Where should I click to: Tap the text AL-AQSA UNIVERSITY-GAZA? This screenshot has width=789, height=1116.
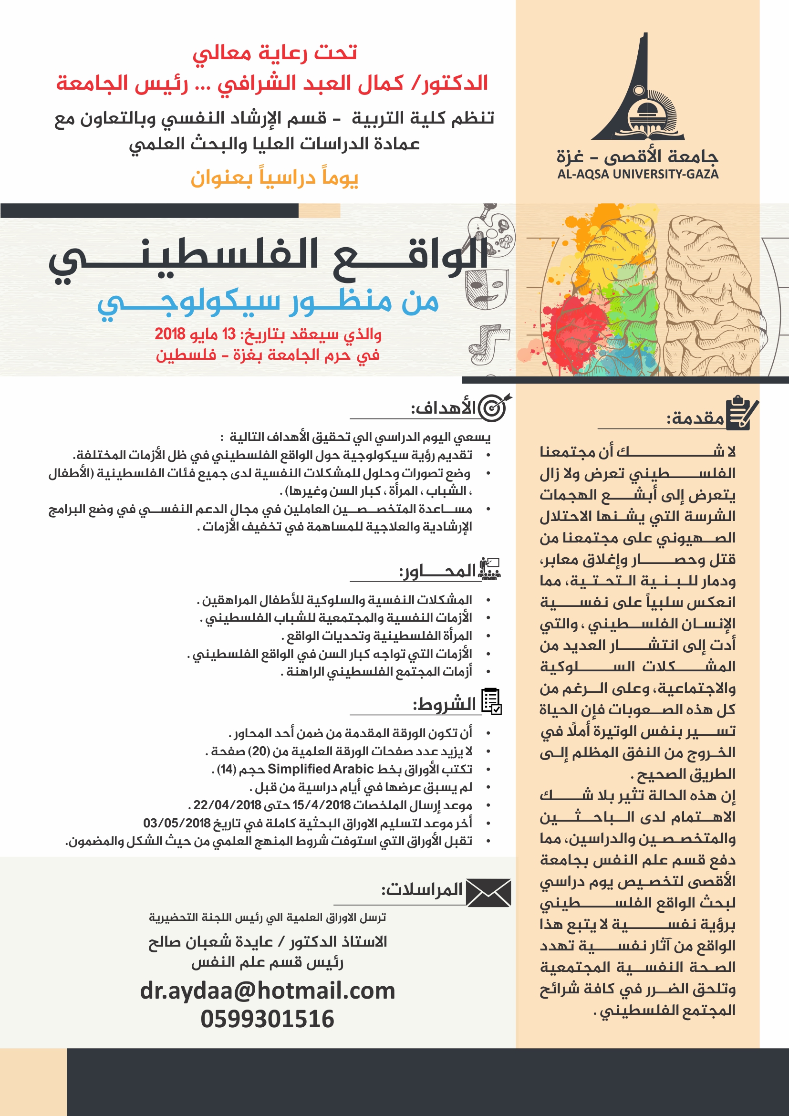pyautogui.click(x=637, y=174)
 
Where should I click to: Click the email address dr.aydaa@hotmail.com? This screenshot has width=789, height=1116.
pyautogui.click(x=267, y=990)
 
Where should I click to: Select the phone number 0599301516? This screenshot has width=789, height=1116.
pyautogui.click(x=267, y=1018)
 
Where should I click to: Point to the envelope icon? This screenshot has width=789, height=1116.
pyautogui.click(x=488, y=892)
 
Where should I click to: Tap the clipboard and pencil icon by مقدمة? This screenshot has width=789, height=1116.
pyautogui.click(x=741, y=413)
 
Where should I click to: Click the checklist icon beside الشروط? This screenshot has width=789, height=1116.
pyautogui.click(x=491, y=701)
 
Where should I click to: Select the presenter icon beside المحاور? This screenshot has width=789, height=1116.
pyautogui.click(x=489, y=569)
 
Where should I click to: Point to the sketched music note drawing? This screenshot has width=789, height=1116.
pyautogui.click(x=488, y=344)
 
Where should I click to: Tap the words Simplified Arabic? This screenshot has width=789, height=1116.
pyautogui.click(x=320, y=769)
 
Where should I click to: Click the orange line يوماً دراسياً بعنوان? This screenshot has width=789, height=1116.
pyautogui.click(x=274, y=178)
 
